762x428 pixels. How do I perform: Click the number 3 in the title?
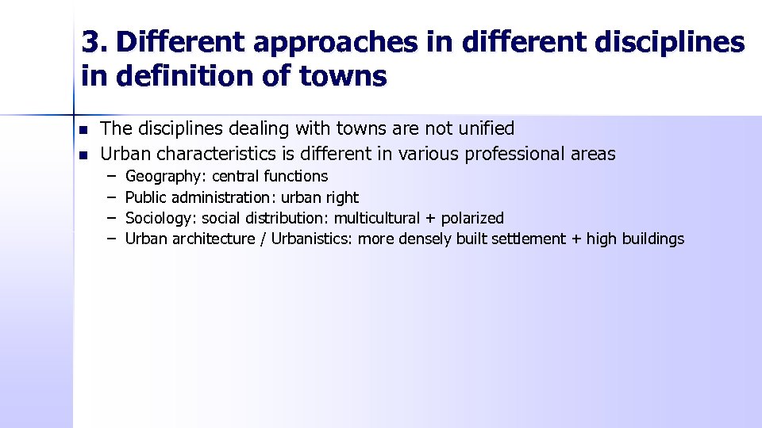90,43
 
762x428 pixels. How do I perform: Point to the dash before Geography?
112,176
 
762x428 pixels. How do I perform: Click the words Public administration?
198,197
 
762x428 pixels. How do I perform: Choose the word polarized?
469,218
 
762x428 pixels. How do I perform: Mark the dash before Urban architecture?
112,239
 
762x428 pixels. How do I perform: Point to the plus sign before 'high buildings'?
575,239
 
